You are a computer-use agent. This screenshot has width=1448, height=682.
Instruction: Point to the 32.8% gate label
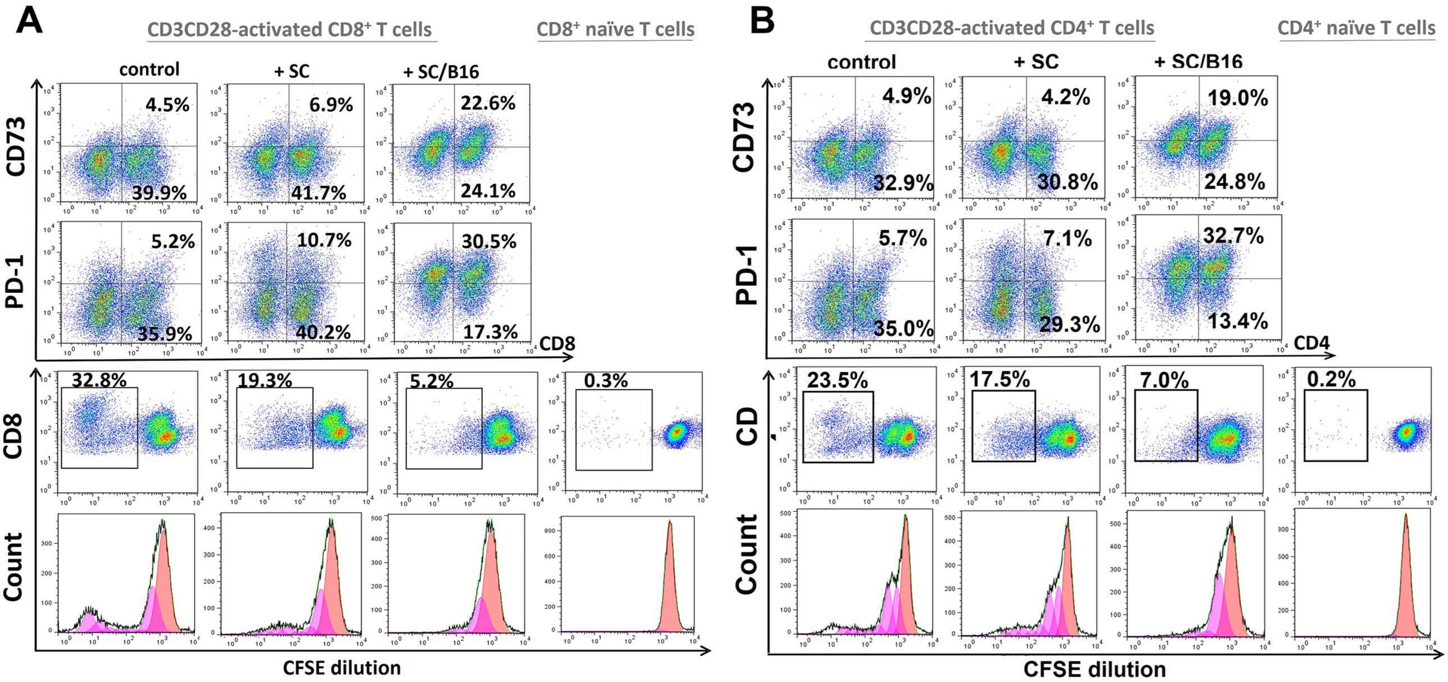(99, 381)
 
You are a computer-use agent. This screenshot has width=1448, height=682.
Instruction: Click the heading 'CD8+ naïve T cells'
(616, 29)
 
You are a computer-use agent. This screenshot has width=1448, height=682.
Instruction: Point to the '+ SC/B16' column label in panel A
(441, 72)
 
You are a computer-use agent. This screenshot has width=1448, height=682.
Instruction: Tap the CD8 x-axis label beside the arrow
(557, 344)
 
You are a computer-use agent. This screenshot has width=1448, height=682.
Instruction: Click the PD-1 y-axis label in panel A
(16, 281)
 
